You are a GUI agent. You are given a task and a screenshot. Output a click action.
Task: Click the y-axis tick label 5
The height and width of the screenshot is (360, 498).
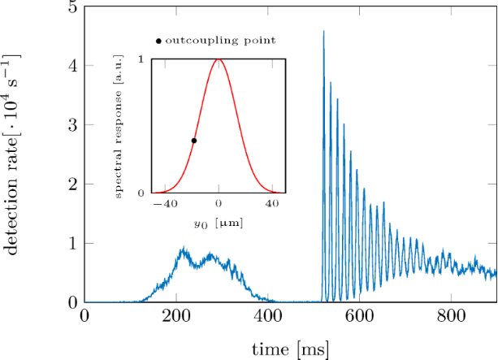[x=73, y=8]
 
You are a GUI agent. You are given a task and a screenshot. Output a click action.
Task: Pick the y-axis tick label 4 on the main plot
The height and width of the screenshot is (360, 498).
[x=73, y=67]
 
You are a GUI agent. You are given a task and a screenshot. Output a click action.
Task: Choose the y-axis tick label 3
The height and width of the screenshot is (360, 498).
[x=73, y=126]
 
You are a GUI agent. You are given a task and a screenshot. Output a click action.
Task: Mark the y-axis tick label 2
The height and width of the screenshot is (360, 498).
[x=73, y=184]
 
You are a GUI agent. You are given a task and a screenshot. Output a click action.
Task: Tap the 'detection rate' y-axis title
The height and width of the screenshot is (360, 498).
[x=18, y=154]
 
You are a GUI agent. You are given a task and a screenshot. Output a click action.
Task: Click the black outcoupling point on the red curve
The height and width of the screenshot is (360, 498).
[x=194, y=141]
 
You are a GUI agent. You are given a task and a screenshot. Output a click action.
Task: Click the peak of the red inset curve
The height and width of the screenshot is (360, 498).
[x=219, y=59]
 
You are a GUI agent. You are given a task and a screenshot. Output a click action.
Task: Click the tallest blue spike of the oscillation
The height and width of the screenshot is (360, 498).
[x=324, y=33]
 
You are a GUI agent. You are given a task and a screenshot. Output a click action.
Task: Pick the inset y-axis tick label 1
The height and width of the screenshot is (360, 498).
[x=142, y=59]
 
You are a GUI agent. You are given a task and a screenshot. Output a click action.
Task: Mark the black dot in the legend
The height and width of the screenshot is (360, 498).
[x=158, y=40]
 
